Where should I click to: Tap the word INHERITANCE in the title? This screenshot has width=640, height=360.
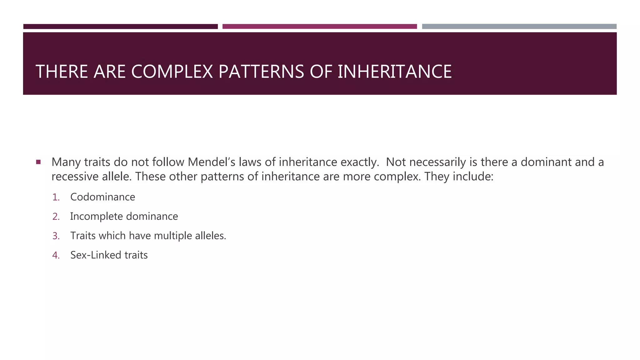click(395, 72)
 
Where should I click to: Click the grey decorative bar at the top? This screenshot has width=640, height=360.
click(519, 27)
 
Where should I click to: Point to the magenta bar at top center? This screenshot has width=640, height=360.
click(320, 27)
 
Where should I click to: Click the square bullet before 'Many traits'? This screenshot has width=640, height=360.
click(38, 162)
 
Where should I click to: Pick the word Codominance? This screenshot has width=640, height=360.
click(102, 197)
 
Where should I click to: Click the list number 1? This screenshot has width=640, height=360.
click(56, 197)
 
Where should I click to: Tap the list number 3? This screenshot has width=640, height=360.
click(56, 236)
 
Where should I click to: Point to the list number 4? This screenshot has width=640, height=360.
click(56, 255)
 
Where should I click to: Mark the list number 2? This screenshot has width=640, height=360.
click(56, 217)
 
